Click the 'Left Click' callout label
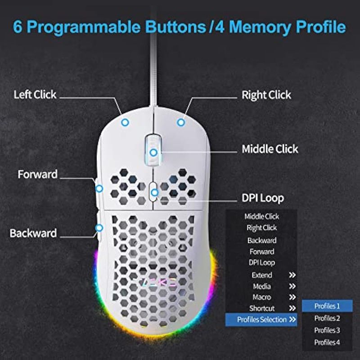pos(35,94)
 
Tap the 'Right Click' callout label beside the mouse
pos(266,95)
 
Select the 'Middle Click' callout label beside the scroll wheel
pos(270,149)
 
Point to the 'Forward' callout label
pos(38,174)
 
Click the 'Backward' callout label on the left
pos(33,233)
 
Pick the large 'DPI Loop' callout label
pos(263,198)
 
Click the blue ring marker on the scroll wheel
pos(153,152)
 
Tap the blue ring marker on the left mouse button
pos(125,122)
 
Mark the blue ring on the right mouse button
pos(181,122)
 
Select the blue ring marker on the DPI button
pos(155,193)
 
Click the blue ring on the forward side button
pos(99,189)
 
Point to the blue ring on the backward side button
pos(99,228)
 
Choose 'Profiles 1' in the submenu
pos(327,306)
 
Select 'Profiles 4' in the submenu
pos(327,342)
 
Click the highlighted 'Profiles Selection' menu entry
pos(261,319)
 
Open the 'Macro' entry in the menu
pos(262,297)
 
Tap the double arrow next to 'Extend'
pos(292,275)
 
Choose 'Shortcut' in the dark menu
pos(262,308)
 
